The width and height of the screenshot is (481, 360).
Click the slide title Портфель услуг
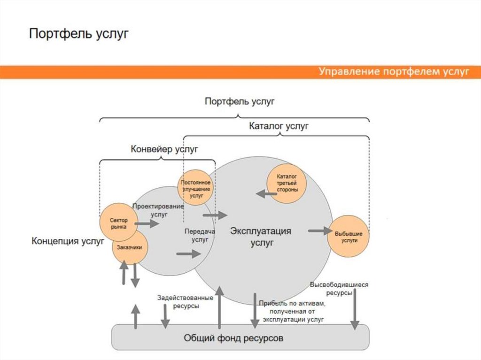point(79,34)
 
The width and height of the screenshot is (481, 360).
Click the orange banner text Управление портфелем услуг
point(394,72)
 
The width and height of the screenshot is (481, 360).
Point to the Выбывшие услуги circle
point(348,236)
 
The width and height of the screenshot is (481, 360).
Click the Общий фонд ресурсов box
point(240,337)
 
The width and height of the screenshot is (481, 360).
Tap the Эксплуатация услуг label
point(261,237)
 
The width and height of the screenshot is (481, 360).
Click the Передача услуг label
point(200,235)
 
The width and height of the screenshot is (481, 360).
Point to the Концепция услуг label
point(68,241)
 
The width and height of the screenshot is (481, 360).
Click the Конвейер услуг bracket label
point(164,149)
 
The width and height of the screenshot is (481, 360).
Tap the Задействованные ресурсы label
point(186,301)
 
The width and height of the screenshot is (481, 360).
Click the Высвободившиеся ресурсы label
point(339,288)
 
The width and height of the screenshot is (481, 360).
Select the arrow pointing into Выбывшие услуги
point(320,231)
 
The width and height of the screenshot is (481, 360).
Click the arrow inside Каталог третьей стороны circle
point(266,193)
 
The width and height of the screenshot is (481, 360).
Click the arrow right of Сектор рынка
point(147,224)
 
